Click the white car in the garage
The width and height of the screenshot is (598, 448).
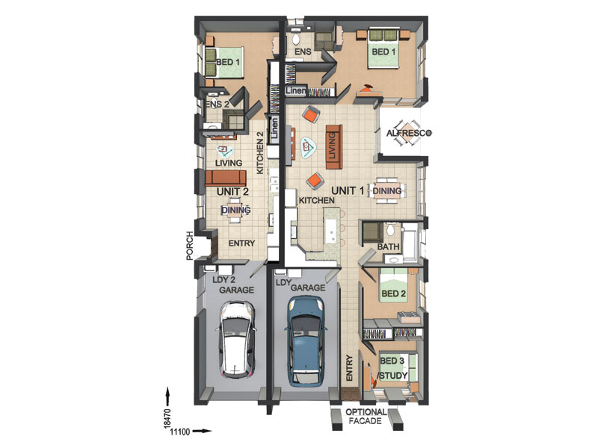tap(235, 340)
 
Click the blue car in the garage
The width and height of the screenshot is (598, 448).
tap(306, 341)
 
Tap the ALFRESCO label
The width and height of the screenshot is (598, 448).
tap(409, 133)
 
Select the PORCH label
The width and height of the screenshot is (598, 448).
tap(190, 246)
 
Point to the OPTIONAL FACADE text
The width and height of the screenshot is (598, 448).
tap(366, 417)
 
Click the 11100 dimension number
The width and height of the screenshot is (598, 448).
tap(180, 432)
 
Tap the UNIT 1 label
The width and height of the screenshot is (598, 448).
tap(348, 190)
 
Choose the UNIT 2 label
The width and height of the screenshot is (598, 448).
tap(232, 191)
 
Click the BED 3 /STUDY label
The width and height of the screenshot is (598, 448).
tap(393, 368)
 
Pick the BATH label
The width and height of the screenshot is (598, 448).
tap(388, 246)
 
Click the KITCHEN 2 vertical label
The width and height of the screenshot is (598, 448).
tap(260, 153)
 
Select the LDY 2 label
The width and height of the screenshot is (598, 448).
tap(224, 279)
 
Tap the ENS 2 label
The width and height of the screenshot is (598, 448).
tap(218, 104)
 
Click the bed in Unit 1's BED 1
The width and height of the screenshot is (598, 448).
tap(383, 49)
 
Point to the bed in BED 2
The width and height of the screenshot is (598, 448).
tap(395, 286)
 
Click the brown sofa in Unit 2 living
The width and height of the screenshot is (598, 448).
tap(226, 178)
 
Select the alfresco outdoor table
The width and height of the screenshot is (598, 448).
tap(407, 133)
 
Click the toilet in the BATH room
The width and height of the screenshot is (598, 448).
tap(390, 230)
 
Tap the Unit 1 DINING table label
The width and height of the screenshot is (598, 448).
tap(386, 190)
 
